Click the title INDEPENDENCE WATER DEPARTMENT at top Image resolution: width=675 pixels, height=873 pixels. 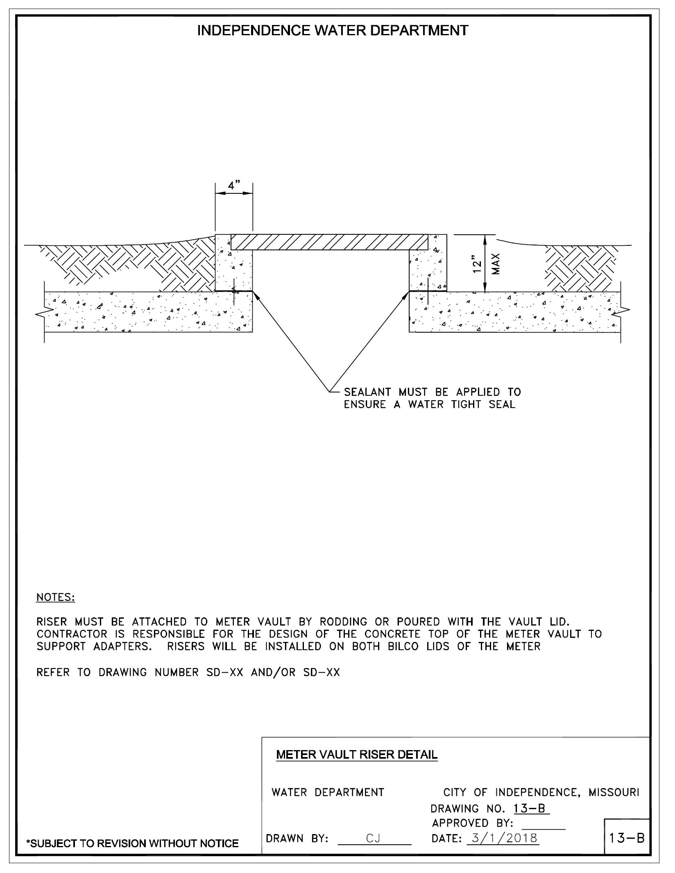[333, 31]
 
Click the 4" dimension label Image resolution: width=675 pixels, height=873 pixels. [234, 185]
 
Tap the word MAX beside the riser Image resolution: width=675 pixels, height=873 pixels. [496, 264]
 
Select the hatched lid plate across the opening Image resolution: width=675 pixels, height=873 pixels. [329, 242]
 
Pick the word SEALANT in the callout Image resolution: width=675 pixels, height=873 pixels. [367, 392]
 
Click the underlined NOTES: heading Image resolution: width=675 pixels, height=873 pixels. [56, 597]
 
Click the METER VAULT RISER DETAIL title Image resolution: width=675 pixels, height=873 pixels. [357, 755]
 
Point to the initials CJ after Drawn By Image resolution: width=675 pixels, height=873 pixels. [374, 839]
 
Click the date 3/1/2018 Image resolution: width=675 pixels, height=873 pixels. [504, 838]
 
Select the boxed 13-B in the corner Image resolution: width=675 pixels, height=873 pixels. [627, 838]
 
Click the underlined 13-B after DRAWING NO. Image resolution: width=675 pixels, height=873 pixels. [531, 809]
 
